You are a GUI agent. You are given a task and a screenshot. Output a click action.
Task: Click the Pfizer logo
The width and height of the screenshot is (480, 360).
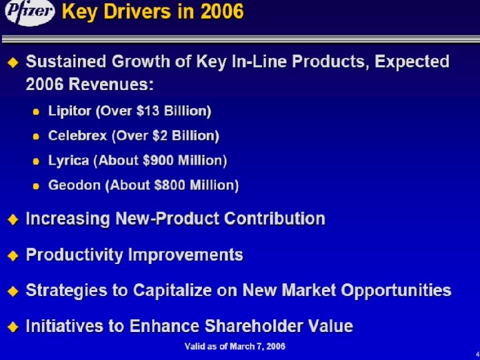tap(29, 14)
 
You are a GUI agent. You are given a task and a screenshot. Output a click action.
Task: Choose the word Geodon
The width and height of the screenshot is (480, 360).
tap(73, 185)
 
